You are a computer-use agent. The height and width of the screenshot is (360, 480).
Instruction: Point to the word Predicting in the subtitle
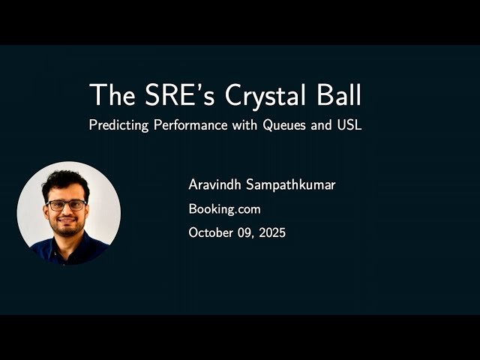118,125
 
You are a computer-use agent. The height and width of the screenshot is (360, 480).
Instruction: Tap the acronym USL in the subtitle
349,125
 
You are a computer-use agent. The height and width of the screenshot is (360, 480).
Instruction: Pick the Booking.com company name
225,209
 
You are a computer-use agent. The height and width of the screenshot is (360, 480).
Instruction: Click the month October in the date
212,233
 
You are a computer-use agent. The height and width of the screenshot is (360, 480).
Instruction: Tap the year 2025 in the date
271,233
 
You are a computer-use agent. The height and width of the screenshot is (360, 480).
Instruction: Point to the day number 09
247,233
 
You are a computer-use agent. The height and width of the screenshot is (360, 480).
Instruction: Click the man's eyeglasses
66,204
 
